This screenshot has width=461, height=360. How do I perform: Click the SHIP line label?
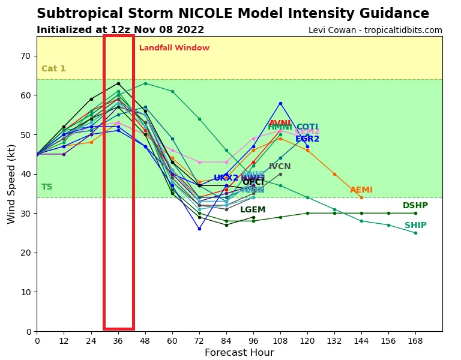tap(415, 226)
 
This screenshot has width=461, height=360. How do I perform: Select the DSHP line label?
tap(415, 206)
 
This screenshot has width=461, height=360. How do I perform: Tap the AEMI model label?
tap(361, 190)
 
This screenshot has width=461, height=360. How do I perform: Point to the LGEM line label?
tap(253, 210)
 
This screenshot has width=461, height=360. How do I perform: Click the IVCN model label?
tap(280, 167)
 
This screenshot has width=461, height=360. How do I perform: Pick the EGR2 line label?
tap(307, 139)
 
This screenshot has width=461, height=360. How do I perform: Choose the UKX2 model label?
tap(226, 178)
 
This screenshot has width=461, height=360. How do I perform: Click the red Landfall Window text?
tap(174, 48)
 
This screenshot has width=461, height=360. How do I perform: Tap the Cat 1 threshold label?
tap(53, 69)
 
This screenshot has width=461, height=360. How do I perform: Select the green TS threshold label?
tap(47, 187)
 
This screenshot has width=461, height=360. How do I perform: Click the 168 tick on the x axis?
tap(415, 340)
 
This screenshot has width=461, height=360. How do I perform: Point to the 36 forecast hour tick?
tap(118, 340)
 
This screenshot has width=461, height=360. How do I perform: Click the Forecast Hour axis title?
tap(239, 353)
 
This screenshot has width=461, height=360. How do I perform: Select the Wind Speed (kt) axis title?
tap(12, 184)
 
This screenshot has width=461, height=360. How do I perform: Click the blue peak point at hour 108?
tap(280, 103)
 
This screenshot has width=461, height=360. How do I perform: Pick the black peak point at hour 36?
tap(118, 83)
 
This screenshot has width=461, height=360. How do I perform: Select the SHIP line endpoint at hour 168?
tap(415, 233)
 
